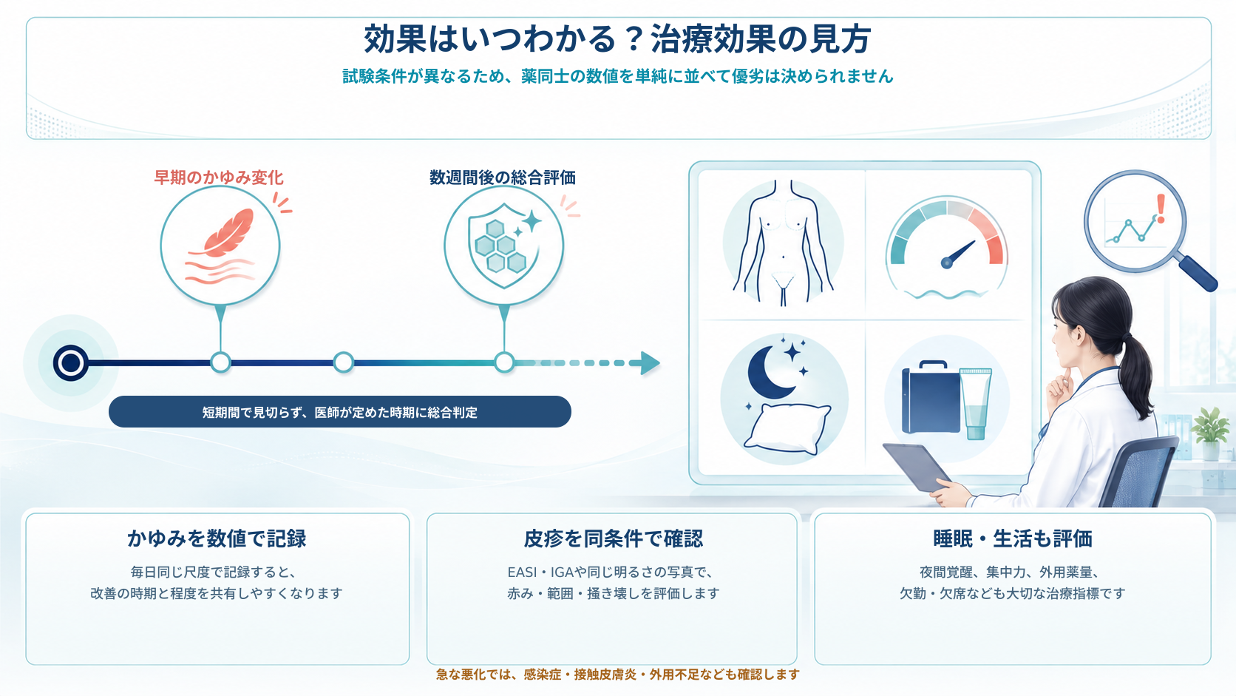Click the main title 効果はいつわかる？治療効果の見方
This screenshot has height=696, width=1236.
click(x=617, y=39)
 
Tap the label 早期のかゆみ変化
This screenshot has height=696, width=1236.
click(x=219, y=178)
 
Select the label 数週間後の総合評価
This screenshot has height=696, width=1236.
click(x=503, y=178)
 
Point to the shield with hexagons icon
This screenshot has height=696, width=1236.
click(x=500, y=246)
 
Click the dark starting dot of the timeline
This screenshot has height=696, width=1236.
click(x=71, y=363)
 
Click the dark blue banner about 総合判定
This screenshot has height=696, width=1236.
click(x=340, y=412)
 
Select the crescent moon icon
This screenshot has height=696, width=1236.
click(x=770, y=371)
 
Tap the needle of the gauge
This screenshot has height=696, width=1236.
click(x=959, y=254)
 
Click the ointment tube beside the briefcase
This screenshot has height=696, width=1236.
click(x=976, y=404)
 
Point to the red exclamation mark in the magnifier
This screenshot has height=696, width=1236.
click(x=1161, y=209)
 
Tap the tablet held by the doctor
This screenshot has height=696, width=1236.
click(x=917, y=467)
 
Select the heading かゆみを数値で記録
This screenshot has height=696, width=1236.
click(x=217, y=538)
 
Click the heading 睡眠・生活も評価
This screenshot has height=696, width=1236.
click(x=1013, y=538)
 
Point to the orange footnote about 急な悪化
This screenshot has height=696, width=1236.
click(x=617, y=675)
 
